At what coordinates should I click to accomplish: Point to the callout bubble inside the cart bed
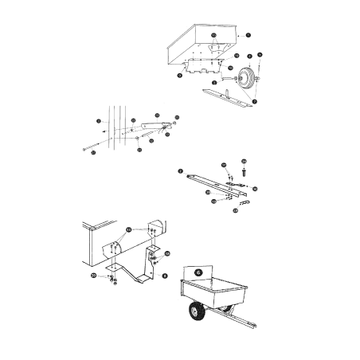click(x=213, y=37)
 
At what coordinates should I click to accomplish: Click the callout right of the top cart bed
click(x=248, y=36)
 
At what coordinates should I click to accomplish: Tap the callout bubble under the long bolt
click(x=94, y=152)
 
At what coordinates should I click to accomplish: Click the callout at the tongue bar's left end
click(x=182, y=171)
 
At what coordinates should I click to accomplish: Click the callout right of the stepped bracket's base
click(x=165, y=275)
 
